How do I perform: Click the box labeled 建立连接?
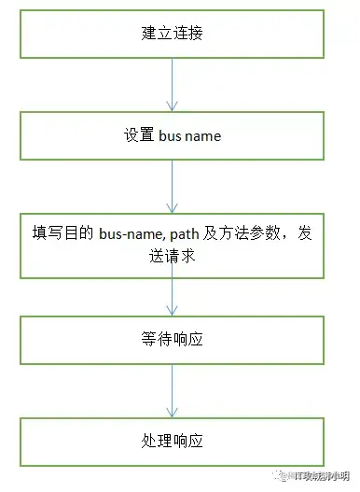pyautogui.click(x=172, y=35)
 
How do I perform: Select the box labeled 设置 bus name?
pyautogui.click(x=172, y=135)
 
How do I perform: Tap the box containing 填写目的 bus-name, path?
pyautogui.click(x=172, y=245)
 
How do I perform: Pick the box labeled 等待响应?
pyautogui.click(x=172, y=339)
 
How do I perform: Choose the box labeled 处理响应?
pyautogui.click(x=172, y=440)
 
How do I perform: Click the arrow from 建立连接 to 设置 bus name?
pyautogui.click(x=172, y=85)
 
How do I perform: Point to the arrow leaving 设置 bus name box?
pyautogui.click(x=172, y=186)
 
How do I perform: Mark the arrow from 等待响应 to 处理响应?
pyautogui.click(x=172, y=390)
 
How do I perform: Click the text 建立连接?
pyautogui.click(x=172, y=35)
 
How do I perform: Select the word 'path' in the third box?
pyautogui.click(x=187, y=235)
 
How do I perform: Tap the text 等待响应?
pyautogui.click(x=172, y=339)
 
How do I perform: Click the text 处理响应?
pyautogui.click(x=172, y=440)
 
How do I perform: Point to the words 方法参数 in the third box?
pyautogui.click(x=253, y=235)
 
